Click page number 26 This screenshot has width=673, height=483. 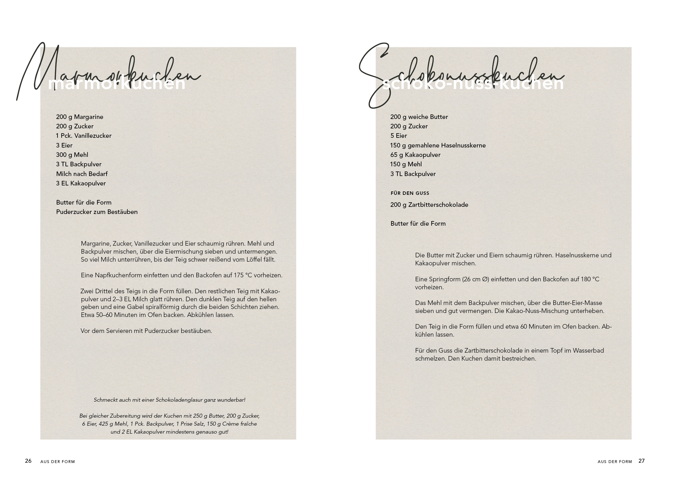coord(28,461)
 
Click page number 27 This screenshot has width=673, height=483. coord(642,461)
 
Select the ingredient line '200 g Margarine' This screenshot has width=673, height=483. coord(79,117)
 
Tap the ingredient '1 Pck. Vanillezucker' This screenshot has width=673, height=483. coord(84,136)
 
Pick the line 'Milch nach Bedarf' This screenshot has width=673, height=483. coord(82,174)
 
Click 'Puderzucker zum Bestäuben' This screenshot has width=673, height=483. coord(97,212)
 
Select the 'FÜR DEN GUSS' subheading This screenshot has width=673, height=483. coord(410,193)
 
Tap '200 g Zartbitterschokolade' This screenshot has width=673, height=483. coord(429,205)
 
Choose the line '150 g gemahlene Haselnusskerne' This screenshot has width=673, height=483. coord(438,145)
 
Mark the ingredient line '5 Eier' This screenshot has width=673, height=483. coord(399,136)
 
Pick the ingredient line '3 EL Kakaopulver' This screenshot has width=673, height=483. coord(81,183)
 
